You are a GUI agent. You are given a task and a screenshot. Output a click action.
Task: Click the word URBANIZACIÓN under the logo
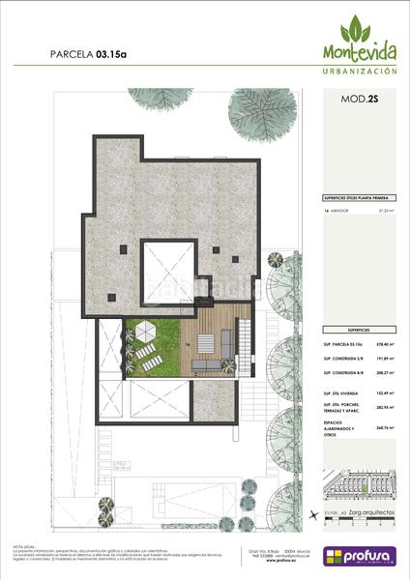[x=359, y=72]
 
